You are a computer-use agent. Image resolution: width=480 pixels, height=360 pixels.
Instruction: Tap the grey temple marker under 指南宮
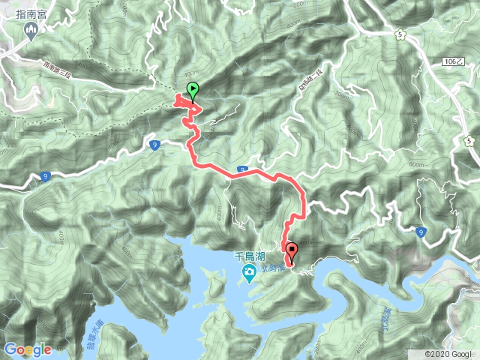point(31,31)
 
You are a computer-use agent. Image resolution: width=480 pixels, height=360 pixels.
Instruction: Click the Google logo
point(28,349)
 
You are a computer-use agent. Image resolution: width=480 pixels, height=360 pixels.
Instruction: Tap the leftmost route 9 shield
point(45,177)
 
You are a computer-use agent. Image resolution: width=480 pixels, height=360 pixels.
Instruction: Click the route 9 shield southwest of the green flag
point(154,144)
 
